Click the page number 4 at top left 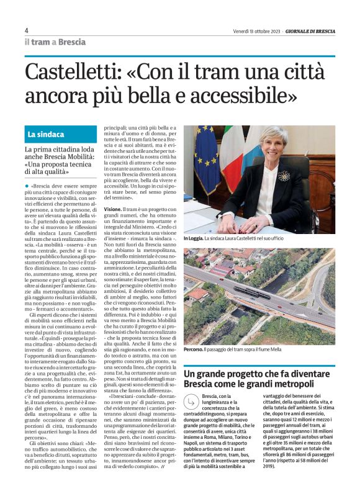27,30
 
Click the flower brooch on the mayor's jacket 284,176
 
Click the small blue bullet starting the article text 27,186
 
